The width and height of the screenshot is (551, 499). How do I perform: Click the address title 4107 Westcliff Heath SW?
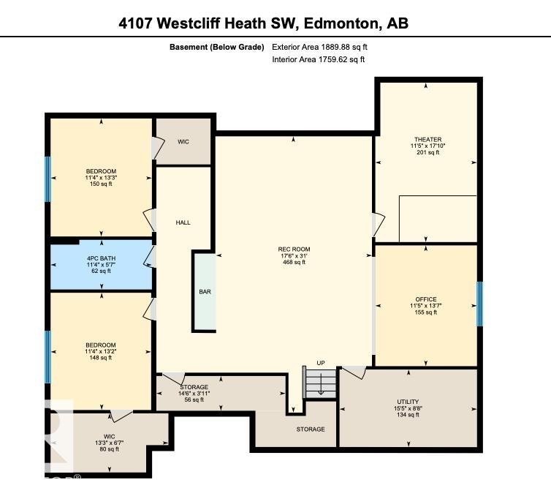tap(263, 23)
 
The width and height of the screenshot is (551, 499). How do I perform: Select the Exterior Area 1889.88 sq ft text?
tap(324, 47)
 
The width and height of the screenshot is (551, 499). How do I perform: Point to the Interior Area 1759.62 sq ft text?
tap(318, 59)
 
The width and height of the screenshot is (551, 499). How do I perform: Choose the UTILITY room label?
tap(408, 408)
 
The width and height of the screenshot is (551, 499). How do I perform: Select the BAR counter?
tap(205, 291)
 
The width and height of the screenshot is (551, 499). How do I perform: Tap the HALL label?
tap(183, 222)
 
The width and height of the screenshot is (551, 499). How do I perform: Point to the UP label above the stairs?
tap(321, 363)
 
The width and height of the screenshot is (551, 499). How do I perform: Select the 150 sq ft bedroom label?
tap(100, 178)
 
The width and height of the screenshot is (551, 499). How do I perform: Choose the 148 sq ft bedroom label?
tap(100, 351)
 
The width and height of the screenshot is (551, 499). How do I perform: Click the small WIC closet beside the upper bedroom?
tap(183, 141)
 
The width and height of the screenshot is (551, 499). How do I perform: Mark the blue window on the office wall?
tap(479, 304)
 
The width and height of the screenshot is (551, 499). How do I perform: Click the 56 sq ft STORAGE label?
tap(194, 393)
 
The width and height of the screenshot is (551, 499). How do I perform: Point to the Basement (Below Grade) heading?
tap(217, 47)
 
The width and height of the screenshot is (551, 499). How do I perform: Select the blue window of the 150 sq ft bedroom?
tap(48, 179)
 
